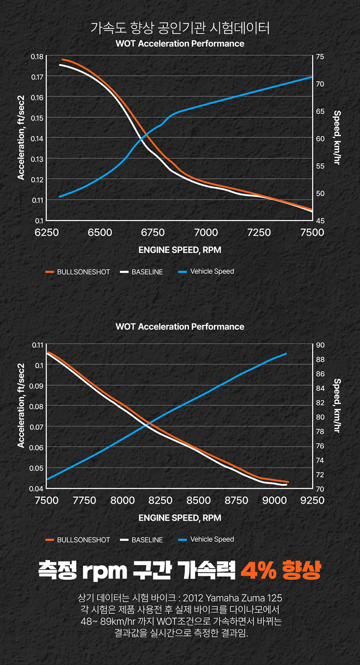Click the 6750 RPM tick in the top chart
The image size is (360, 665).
[x=153, y=232]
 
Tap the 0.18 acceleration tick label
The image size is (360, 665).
[x=37, y=57]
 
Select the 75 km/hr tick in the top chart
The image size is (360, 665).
[x=320, y=57]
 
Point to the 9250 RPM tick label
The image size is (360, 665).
[x=312, y=500]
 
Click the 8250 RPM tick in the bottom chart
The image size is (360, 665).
[x=160, y=500]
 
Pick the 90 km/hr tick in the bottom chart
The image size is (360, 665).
[x=320, y=345]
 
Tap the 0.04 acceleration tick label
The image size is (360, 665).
[x=37, y=489]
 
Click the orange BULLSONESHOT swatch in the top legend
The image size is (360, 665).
[x=50, y=272]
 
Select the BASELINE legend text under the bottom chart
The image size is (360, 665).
[x=147, y=540]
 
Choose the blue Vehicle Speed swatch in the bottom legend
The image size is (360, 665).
[x=183, y=540]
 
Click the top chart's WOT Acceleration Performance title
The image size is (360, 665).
[x=180, y=44]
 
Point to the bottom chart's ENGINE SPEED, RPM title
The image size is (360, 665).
[x=180, y=518]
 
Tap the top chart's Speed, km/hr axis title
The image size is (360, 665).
[x=337, y=137]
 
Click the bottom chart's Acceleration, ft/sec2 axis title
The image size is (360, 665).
[x=21, y=405]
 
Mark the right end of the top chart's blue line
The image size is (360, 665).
[x=312, y=77]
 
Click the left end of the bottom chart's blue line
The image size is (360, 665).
[x=47, y=479]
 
